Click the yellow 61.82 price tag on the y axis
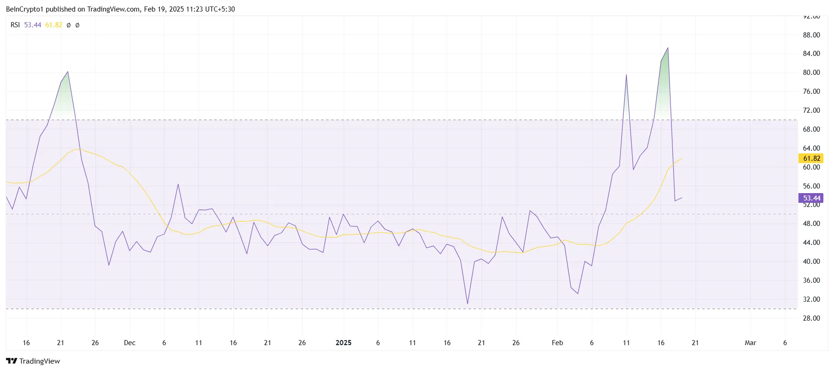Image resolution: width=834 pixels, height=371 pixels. click(x=811, y=158)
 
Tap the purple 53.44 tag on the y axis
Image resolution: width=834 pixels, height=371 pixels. click(x=811, y=198)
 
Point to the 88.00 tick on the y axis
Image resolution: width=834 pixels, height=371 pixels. click(x=811, y=35)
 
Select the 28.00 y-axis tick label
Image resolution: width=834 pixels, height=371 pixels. click(x=811, y=318)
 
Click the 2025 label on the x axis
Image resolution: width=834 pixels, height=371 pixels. click(x=343, y=343)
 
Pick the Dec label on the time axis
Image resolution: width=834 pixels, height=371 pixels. click(x=129, y=343)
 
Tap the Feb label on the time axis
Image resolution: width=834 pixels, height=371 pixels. click(x=557, y=343)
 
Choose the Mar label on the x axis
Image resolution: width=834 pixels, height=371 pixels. click(x=750, y=343)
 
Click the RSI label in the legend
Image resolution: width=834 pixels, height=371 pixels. click(x=15, y=25)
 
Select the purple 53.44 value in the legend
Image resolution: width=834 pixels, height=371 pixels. click(x=32, y=25)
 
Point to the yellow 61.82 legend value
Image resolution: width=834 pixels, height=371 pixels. click(x=54, y=25)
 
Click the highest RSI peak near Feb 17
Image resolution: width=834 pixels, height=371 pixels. click(x=668, y=48)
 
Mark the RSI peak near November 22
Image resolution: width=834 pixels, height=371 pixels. click(x=68, y=72)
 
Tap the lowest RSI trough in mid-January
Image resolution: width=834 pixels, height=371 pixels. click(x=468, y=304)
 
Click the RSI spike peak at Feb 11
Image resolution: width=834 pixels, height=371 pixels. click(x=626, y=75)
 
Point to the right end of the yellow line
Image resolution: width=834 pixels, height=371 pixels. click(x=682, y=158)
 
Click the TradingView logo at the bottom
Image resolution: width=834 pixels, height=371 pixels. click(x=33, y=361)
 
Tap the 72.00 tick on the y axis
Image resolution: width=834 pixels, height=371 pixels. click(x=811, y=110)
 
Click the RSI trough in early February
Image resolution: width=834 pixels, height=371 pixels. click(x=578, y=293)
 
